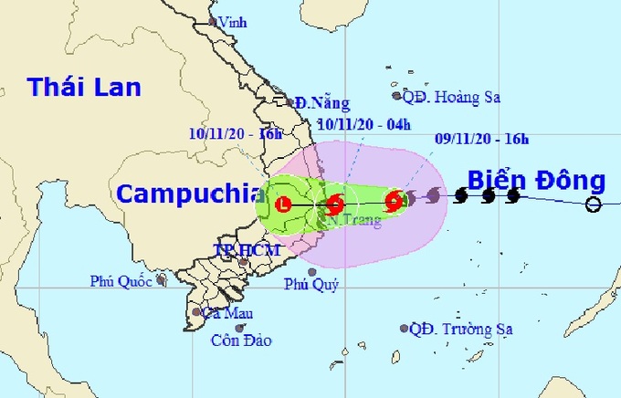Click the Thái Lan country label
[84, 88]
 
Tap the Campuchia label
[184, 193]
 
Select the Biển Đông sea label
[537, 179]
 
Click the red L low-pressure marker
[284, 204]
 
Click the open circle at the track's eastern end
[593, 204]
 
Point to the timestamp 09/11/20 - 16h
[481, 140]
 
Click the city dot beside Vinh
[212, 21]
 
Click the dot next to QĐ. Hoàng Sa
[396, 95]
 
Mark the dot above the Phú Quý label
[312, 271]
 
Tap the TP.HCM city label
[233, 249]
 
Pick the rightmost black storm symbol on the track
[513, 195]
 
